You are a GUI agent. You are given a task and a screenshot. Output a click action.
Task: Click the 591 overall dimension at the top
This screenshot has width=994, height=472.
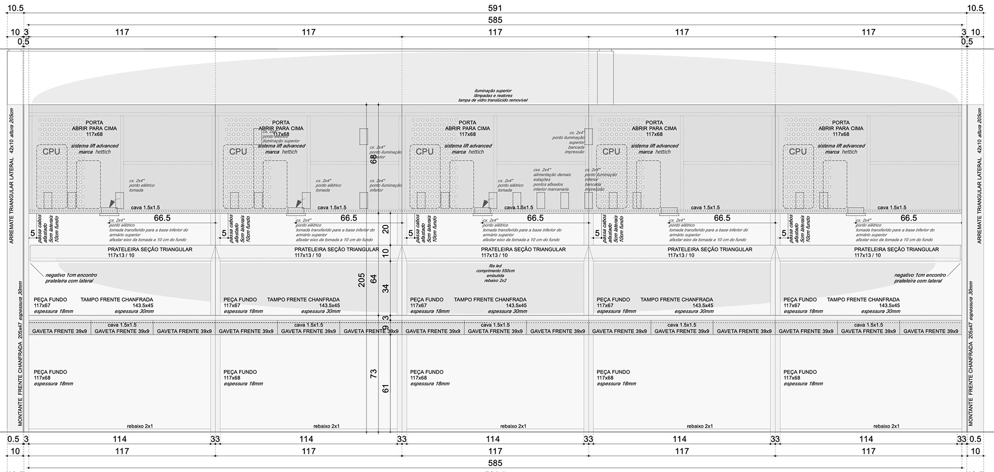point(495,8)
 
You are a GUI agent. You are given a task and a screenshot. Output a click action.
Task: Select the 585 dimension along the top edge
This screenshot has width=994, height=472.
point(495,20)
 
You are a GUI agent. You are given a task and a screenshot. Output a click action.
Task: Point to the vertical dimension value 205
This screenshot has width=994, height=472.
point(361,280)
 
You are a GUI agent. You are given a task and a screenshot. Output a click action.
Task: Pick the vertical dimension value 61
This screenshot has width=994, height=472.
point(386,388)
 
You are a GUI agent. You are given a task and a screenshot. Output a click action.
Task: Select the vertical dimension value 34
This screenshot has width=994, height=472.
point(386,289)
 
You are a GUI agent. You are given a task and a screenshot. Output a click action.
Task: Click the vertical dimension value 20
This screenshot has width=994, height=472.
point(386,228)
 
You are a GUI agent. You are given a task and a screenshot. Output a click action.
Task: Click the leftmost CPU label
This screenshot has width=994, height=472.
point(51,151)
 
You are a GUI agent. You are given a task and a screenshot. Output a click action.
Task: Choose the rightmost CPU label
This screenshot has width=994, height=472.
point(797,151)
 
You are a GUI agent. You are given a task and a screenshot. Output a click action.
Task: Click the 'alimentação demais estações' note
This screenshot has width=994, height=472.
point(551,179)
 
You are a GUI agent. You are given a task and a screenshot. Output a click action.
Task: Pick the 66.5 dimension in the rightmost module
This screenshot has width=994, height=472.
point(908,218)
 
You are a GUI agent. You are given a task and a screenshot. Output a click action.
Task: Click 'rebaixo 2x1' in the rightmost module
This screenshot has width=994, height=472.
point(886,426)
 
